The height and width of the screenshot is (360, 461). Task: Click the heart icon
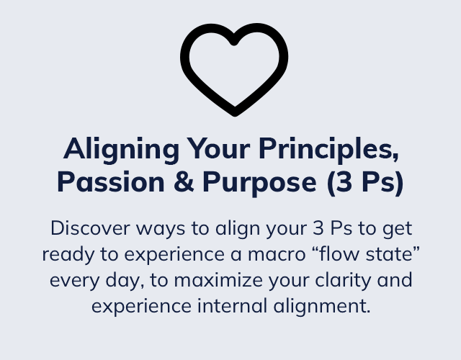pyautogui.click(x=234, y=69)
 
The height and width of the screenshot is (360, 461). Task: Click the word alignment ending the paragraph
pyautogui.click(x=331, y=305)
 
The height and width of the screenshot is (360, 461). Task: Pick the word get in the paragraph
pyautogui.click(x=395, y=230)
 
